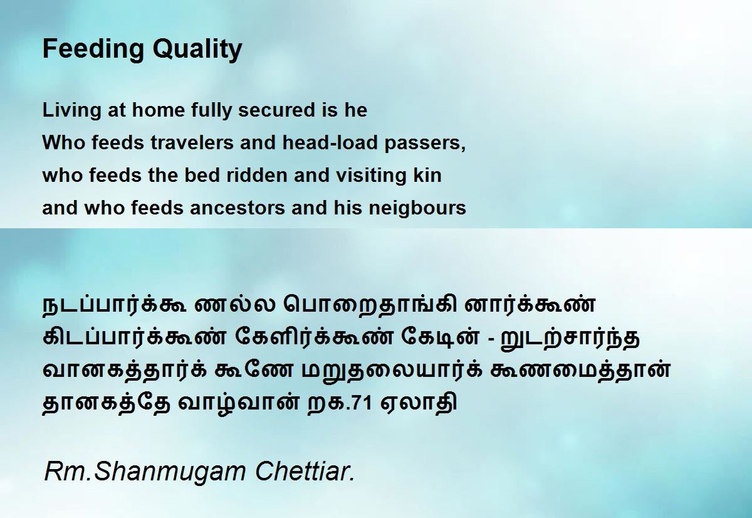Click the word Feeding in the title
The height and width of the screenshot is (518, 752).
tap(93, 50)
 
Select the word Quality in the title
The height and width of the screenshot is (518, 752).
tap(197, 50)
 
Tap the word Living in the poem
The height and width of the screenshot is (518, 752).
tap(71, 111)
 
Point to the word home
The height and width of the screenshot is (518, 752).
tap(158, 110)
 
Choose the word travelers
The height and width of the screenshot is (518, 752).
tap(192, 142)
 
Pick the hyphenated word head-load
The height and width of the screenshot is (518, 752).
tap(330, 142)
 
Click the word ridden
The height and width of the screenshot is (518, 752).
tap(257, 175)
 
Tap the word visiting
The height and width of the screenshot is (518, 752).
tap(371, 176)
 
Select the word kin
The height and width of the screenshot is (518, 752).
tap(427, 175)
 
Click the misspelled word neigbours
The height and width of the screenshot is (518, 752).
tap(417, 209)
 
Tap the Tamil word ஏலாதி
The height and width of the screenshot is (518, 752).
tap(419, 402)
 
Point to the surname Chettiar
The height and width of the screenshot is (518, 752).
tap(305, 471)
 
